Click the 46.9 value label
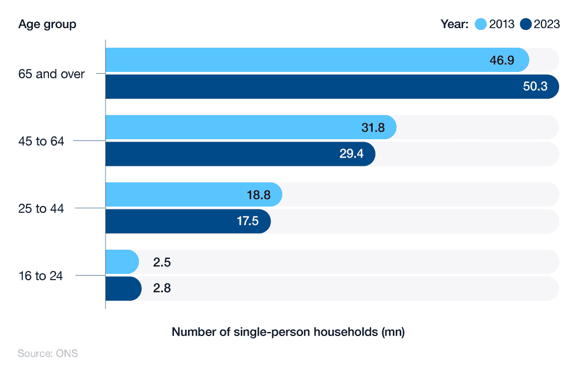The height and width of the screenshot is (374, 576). point(502,60)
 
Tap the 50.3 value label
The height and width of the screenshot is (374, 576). point(536,87)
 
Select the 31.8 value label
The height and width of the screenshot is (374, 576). point(373,128)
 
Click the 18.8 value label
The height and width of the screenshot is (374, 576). point(259,195)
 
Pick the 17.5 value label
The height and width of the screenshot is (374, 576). point(247,222)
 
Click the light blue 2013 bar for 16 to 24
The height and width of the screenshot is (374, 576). point(122,262)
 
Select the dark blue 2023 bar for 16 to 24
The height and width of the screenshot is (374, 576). point(123,289)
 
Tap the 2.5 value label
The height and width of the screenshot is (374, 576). point(162,262)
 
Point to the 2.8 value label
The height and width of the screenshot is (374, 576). point(162,289)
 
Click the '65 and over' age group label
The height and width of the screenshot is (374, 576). point(52,74)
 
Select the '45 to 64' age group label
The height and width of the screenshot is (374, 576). point(41,141)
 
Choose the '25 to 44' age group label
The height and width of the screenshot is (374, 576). point(41,208)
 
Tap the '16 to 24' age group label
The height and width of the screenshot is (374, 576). point(41,276)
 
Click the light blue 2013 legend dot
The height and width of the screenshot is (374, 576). point(480,24)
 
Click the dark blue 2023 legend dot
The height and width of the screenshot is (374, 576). point(525,24)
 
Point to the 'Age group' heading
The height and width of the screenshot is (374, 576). point(47,24)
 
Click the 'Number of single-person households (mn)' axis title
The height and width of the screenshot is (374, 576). point(288,332)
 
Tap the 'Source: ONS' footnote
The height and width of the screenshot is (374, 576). point(48,353)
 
